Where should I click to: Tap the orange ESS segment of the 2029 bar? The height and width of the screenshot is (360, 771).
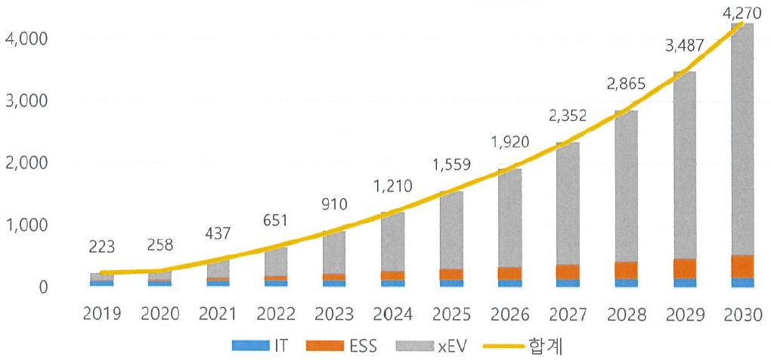(x=683, y=268)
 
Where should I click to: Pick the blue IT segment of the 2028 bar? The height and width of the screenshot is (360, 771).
(x=625, y=283)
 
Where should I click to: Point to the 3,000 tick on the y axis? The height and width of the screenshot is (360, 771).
(x=26, y=101)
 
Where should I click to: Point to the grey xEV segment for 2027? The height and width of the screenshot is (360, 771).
(x=567, y=204)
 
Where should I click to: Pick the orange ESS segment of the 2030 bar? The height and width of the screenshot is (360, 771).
(x=742, y=266)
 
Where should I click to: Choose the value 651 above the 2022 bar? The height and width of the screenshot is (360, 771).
(x=277, y=222)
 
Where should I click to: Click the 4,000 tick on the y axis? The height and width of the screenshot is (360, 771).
(x=26, y=38)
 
